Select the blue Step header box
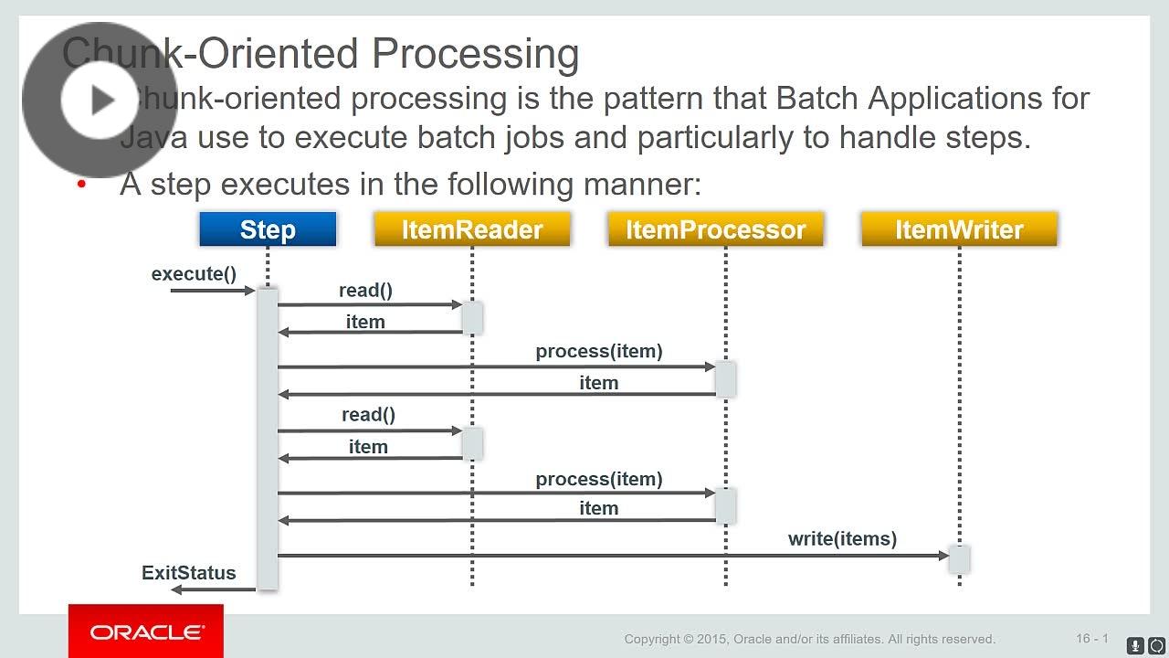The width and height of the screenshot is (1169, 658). coord(268,229)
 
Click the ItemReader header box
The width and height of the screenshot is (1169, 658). coord(472,229)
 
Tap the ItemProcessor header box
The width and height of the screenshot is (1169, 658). coord(716,229)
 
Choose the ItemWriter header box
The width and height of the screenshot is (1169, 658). coord(959,229)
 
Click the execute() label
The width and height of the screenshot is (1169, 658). coord(194,274)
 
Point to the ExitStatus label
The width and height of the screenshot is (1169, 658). coord(188,573)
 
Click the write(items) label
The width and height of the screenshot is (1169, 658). coord(842,539)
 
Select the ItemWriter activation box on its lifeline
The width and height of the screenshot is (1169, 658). coord(959,558)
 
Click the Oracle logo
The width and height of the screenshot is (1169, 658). coord(146,632)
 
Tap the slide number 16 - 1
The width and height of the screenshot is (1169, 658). coord(1091,639)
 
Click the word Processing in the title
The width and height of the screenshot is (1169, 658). coord(475,54)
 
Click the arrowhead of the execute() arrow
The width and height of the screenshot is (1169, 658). coord(250,291)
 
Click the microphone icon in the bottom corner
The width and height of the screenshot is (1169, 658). coord(1135,645)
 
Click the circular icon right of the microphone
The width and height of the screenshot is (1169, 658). coord(1156,645)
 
